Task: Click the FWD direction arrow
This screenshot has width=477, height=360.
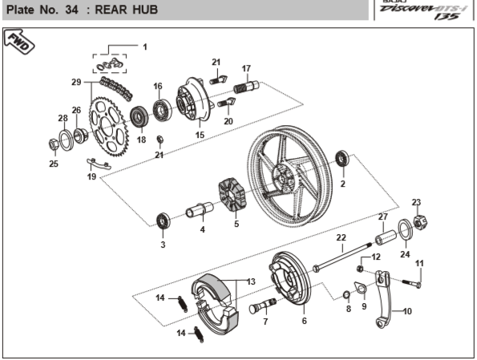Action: (19, 41)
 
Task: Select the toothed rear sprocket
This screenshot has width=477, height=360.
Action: (108, 127)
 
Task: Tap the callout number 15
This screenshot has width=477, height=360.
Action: (200, 135)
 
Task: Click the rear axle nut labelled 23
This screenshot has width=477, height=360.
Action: (421, 222)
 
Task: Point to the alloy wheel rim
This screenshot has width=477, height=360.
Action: (289, 176)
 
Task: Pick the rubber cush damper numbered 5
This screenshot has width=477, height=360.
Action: (232, 195)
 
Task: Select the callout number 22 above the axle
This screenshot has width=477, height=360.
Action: (341, 237)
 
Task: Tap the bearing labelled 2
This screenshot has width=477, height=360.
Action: (342, 158)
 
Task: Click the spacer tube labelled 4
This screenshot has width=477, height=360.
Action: (200, 210)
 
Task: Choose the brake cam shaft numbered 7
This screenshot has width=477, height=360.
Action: (263, 305)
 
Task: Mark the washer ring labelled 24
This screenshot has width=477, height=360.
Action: (406, 229)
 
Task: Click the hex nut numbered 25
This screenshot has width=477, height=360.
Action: (54, 144)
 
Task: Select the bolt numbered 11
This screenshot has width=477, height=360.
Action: (412, 283)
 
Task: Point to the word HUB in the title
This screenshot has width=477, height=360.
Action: (145, 10)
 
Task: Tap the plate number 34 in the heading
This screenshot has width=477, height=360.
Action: (71, 10)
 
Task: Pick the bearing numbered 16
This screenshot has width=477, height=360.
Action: (162, 110)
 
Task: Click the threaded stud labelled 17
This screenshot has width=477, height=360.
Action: (246, 86)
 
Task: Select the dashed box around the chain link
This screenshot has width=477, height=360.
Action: (110, 63)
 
